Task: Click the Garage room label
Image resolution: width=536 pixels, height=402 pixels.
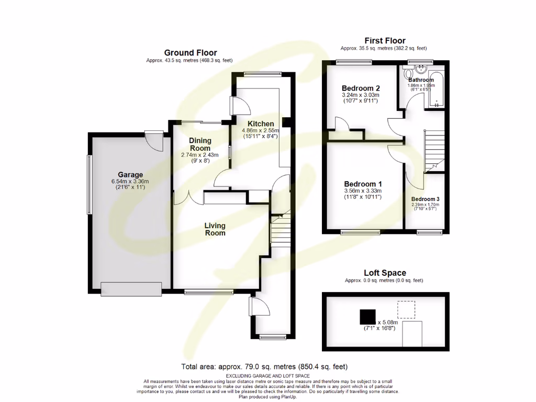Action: click(130, 175)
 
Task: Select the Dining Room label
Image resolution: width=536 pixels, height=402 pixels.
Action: click(200, 144)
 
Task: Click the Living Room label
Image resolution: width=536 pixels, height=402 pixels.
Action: click(215, 229)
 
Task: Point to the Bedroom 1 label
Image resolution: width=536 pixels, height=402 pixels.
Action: click(363, 184)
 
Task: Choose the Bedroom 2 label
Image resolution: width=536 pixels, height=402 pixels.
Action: click(361, 88)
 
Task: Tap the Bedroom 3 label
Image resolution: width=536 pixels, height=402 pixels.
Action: click(425, 199)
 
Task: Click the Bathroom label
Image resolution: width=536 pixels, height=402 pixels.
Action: click(421, 80)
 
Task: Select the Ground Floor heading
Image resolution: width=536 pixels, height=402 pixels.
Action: click(191, 52)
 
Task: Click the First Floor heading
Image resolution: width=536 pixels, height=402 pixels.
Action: click(385, 41)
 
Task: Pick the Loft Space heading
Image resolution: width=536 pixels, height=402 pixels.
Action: click(385, 273)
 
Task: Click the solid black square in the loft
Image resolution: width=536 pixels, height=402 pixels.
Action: click(367, 317)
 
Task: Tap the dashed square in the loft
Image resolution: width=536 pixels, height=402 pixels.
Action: click(406, 310)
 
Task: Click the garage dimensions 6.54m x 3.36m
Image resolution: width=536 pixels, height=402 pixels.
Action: click(130, 182)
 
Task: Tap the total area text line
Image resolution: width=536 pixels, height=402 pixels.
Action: click(264, 367)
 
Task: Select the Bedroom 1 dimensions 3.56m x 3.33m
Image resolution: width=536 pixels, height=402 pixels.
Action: click(363, 192)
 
